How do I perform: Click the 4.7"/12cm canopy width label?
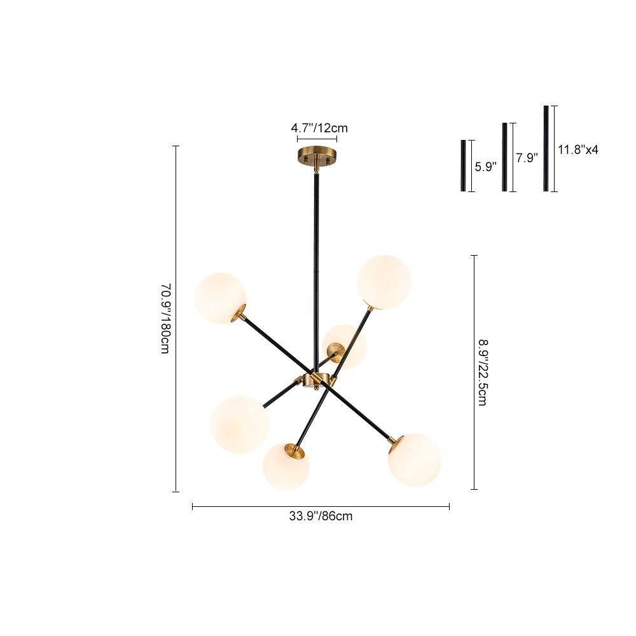tap(319, 128)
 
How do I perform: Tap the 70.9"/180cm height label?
tap(166, 319)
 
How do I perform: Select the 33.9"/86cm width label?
tap(321, 516)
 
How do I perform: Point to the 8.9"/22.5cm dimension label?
tap(482, 373)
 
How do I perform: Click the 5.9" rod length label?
tap(485, 166)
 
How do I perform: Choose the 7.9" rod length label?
tap(527, 157)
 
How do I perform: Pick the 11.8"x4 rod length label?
tap(578, 149)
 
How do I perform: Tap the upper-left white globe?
tap(220, 298)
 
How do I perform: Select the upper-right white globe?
tap(384, 282)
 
